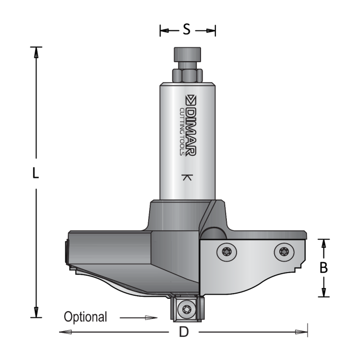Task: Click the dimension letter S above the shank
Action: [187, 30]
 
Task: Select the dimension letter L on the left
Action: [35, 174]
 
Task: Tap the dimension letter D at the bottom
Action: [183, 332]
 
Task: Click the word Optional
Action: [85, 317]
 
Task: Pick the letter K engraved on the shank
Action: [187, 178]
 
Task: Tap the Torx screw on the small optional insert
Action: [187, 310]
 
